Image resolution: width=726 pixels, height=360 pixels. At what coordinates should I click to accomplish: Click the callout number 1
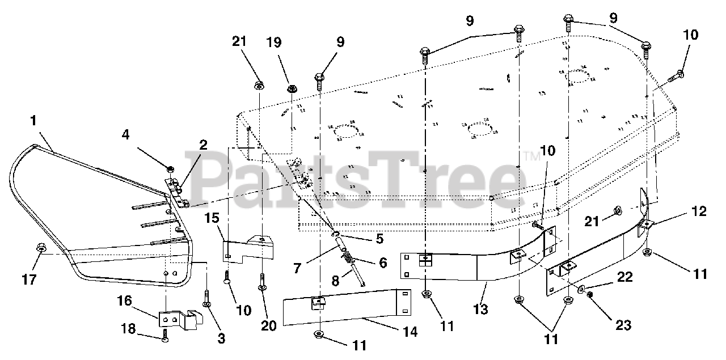pyautogui.click(x=33, y=121)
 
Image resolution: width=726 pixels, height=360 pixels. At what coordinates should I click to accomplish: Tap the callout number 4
pyautogui.click(x=125, y=135)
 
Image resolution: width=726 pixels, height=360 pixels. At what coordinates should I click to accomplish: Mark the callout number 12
pyautogui.click(x=699, y=211)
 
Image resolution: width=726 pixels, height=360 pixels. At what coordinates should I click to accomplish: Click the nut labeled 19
pyautogui.click(x=293, y=88)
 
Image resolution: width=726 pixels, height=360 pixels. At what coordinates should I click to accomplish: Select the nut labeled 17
pyautogui.click(x=41, y=248)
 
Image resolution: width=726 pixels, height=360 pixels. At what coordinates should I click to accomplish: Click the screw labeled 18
pyautogui.click(x=164, y=338)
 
